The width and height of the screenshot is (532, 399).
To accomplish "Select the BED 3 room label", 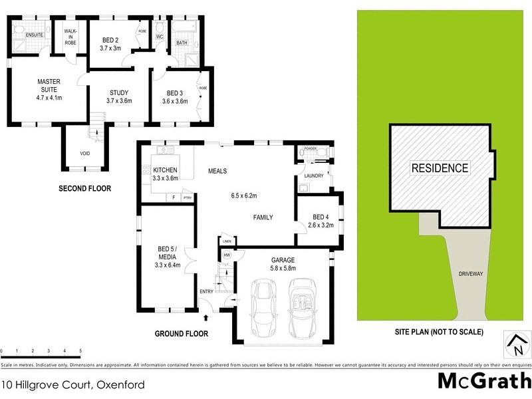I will [175, 96].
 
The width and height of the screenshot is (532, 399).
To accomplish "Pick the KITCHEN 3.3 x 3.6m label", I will [166, 174].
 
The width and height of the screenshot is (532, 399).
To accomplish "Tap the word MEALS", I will [217, 171].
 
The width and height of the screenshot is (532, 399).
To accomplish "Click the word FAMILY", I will [263, 217].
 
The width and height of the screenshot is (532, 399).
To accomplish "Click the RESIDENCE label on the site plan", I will [439, 168].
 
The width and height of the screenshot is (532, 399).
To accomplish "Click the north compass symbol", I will [515, 344].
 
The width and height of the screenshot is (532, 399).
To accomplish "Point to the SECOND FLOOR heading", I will [85, 189].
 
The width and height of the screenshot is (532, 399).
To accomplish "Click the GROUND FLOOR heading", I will [182, 334].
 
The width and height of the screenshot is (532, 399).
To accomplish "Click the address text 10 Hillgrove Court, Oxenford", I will [73, 384].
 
